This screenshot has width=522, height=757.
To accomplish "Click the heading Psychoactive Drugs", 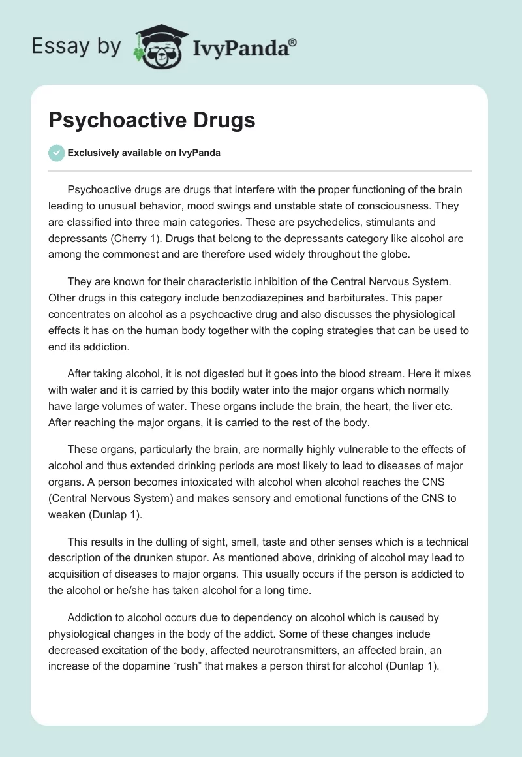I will click(152, 121).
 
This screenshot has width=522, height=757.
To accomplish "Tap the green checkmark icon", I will click(56, 153).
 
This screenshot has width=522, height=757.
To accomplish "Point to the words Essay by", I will click(76, 46).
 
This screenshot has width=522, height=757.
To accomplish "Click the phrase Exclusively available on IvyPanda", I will click(144, 153).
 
